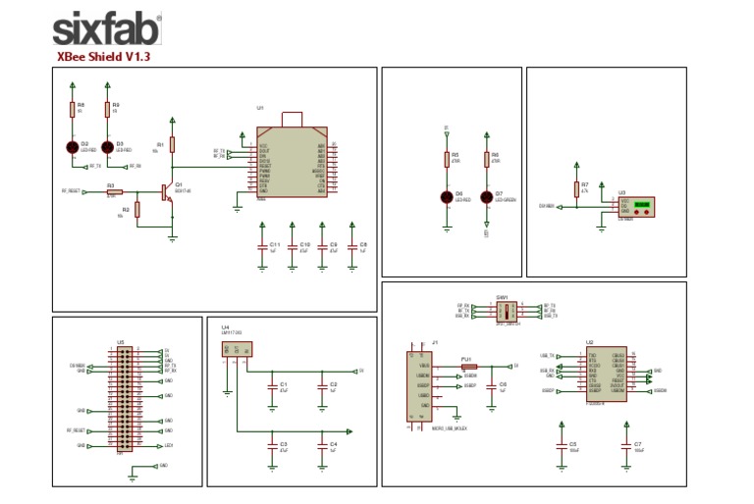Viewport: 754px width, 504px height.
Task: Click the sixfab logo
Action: pyautogui.click(x=106, y=28)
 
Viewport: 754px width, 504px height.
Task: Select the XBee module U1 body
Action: pyautogui.click(x=291, y=163)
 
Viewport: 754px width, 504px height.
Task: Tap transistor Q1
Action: pyautogui.click(x=166, y=192)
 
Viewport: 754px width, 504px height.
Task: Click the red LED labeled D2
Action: pyautogui.click(x=72, y=147)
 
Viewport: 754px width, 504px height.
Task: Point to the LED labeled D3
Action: pyautogui.click(x=107, y=147)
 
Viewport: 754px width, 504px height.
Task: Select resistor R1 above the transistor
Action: pyautogui.click(x=173, y=145)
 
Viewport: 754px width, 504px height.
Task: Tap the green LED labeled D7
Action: pyautogui.click(x=486, y=196)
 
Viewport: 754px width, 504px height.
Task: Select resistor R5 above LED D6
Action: pyautogui.click(x=447, y=160)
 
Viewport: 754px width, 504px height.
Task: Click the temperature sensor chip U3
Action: pyautogui.click(x=636, y=206)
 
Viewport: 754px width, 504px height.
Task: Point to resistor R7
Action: pyautogui.click(x=576, y=189)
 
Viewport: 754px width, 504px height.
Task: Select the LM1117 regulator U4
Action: pyautogui.click(x=236, y=348)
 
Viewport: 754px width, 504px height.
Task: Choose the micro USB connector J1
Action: pyautogui.click(x=419, y=385)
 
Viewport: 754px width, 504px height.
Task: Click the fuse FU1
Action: pyautogui.click(x=468, y=367)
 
